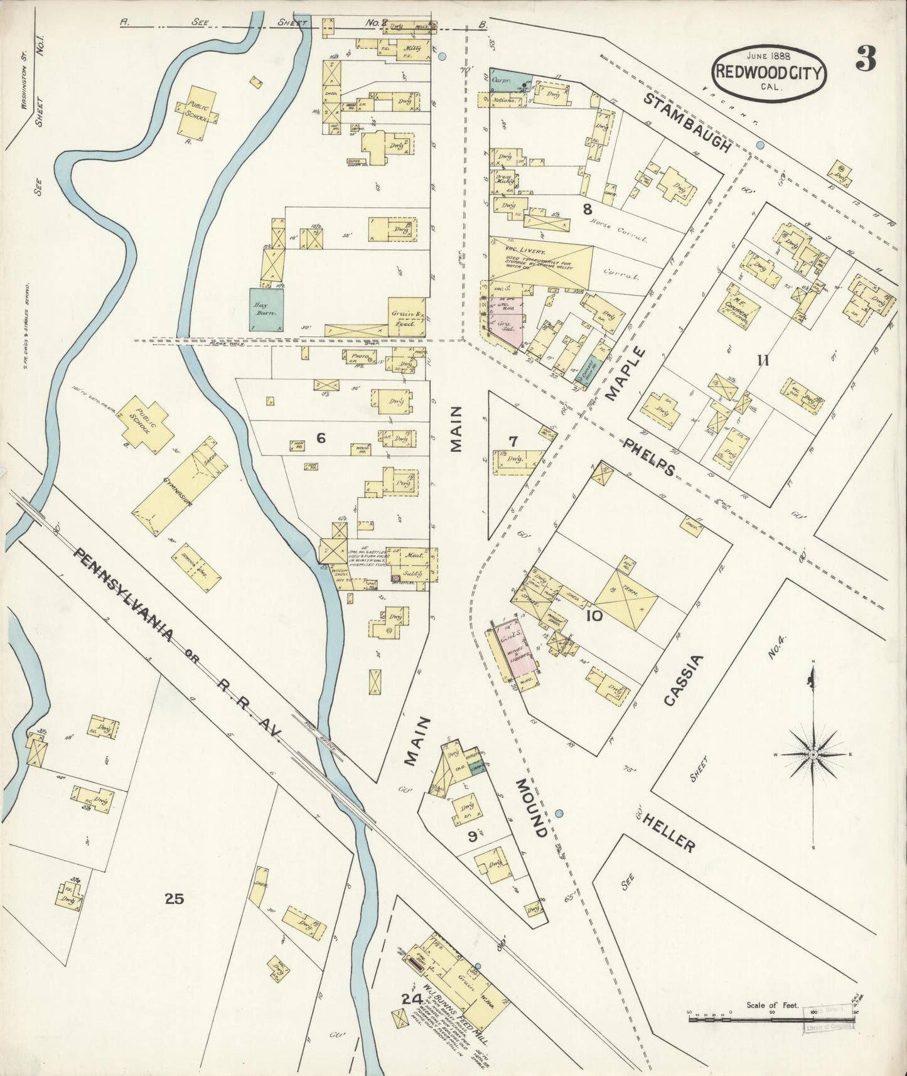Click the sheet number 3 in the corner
click(x=866, y=59)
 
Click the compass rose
click(x=812, y=753)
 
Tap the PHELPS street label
click(x=649, y=456)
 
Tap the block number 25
click(x=174, y=899)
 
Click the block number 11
click(x=763, y=360)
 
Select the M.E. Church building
click(x=743, y=308)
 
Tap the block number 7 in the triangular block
click(x=513, y=441)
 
